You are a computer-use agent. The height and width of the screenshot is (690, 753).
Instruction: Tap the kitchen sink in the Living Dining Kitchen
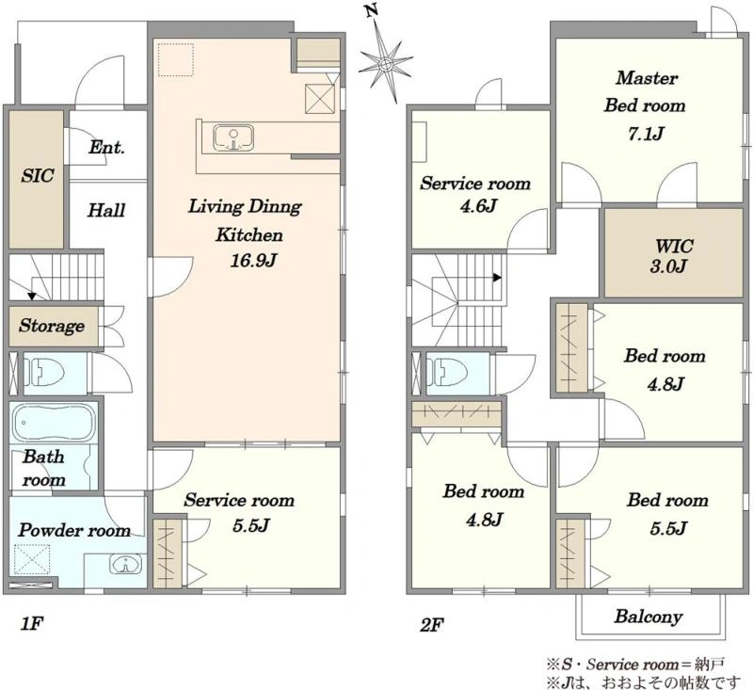pos(233,137)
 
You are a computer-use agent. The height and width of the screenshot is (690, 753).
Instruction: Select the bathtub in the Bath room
pos(53,423)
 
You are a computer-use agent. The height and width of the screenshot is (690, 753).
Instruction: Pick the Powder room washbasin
pos(125,564)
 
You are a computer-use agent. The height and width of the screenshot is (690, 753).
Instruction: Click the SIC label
pos(38,176)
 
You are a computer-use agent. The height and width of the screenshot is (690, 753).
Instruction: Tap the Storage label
pos(52,326)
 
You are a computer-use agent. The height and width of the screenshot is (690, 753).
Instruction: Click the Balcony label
pos(649,617)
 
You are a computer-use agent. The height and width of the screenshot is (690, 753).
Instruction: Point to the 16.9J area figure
pos(253,260)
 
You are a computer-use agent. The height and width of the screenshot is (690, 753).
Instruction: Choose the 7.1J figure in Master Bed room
pos(646,134)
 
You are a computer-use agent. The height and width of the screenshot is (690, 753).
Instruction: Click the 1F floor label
pos(32,624)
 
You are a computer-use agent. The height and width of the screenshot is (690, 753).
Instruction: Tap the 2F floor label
pos(432,625)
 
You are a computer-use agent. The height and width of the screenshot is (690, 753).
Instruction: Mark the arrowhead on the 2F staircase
pos(498,278)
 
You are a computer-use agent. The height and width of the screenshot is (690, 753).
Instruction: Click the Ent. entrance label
pos(106,147)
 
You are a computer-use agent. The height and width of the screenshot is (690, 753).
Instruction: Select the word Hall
pos(106,210)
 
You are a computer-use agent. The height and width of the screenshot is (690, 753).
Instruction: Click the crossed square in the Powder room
pos(32,559)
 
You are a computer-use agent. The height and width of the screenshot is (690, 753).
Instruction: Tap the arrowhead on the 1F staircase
pos(31,297)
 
